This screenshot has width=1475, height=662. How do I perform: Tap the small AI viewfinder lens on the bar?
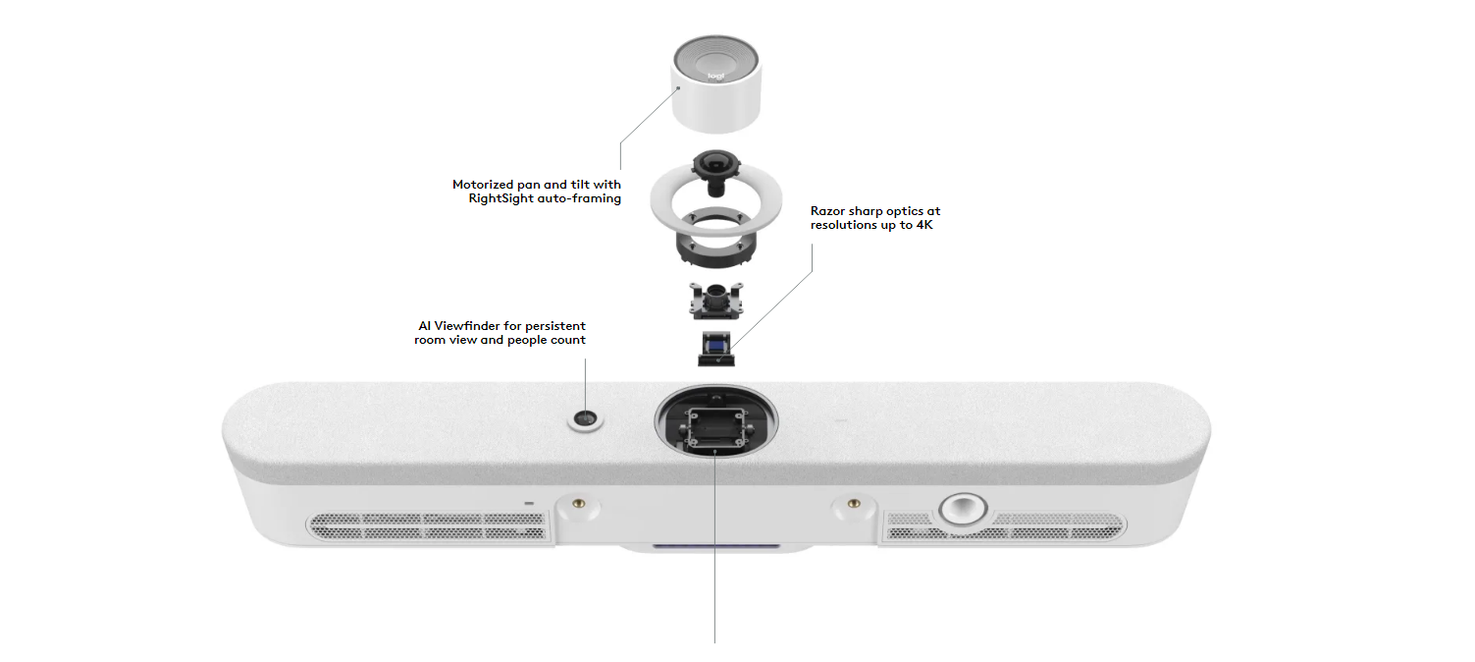585,420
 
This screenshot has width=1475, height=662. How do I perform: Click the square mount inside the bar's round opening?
716,426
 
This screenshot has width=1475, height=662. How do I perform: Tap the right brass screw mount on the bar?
852,506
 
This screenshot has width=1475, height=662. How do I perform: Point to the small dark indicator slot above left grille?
530,504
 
